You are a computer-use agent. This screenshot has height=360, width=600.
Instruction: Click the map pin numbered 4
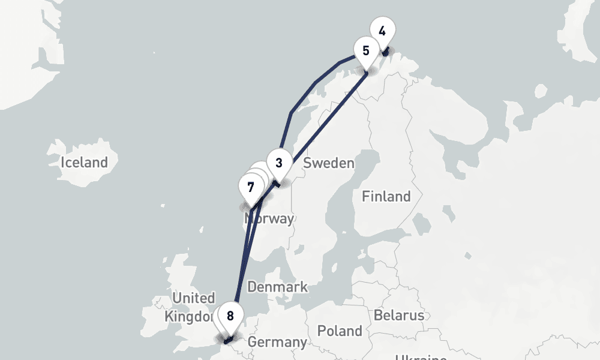tap(382, 31)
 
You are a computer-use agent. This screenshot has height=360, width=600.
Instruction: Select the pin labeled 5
tap(366, 50)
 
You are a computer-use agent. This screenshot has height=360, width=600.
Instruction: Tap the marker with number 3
tap(278, 163)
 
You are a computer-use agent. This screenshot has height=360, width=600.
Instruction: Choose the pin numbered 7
tap(251, 187)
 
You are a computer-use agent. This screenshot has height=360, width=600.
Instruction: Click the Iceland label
tap(84, 162)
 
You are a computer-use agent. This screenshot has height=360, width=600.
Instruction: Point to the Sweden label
tap(328, 163)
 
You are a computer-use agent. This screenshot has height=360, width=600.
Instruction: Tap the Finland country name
tap(386, 196)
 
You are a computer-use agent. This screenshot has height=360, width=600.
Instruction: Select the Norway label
tap(269, 218)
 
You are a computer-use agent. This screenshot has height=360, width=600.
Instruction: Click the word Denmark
tap(277, 287)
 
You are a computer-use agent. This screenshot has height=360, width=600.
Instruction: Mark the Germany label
tap(277, 343)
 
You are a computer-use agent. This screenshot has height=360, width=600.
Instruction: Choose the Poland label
tap(340, 331)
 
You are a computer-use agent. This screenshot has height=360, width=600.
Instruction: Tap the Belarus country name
tap(398, 316)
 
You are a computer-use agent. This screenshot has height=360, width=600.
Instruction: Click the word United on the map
tap(193, 298)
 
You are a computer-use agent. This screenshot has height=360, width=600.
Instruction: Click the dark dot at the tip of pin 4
tap(385, 53)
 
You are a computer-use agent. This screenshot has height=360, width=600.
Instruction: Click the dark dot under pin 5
tap(366, 73)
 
